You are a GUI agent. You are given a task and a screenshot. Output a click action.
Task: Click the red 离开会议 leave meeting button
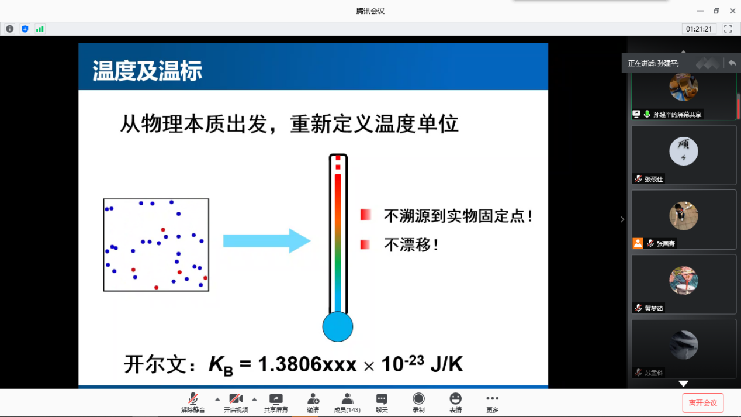coord(702,403)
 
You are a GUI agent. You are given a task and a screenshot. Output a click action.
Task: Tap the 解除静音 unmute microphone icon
coord(193,399)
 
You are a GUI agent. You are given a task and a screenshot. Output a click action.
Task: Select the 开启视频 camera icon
coord(236,399)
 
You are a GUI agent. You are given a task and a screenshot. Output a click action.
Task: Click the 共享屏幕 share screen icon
coord(276,399)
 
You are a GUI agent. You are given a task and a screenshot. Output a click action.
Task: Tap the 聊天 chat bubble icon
coord(382,399)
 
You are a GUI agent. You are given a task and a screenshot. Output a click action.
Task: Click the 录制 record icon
coord(418,399)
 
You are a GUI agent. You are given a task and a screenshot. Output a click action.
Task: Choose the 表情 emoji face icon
coord(455,399)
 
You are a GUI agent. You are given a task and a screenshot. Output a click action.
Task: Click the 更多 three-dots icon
coord(492,398)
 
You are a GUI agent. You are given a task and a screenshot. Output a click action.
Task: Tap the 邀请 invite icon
coord(313,399)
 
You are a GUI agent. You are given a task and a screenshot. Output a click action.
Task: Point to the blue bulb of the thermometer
coord(337,327)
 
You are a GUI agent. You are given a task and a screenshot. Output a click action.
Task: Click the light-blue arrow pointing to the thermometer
coord(266,240)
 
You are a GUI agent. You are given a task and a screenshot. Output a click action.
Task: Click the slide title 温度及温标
coord(147,71)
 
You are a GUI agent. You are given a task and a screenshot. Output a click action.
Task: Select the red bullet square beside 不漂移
coord(365,244)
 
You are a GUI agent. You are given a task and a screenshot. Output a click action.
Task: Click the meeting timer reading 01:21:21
coord(699,29)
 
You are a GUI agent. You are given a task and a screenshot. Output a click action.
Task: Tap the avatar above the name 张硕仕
coord(684,151)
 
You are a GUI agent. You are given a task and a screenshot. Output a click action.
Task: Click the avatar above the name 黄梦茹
coord(684,280)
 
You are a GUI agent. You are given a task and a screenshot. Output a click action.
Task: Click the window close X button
coord(732,11)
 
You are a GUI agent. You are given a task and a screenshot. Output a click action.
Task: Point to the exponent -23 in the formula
coord(414,360)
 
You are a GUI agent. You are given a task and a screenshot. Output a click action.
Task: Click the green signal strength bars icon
coord(40,29)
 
